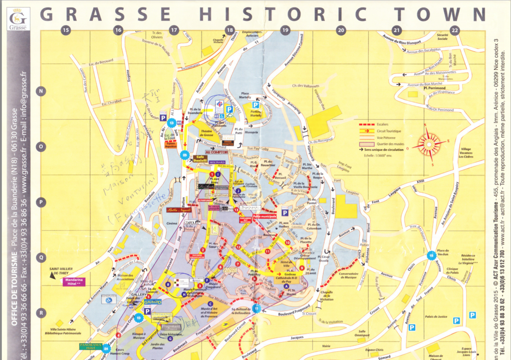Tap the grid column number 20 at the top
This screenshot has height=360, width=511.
coord(341,30)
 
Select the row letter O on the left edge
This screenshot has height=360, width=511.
coord(41,147)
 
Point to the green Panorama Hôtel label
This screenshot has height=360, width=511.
coord(90,346)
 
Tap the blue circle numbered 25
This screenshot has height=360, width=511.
coord(186,155)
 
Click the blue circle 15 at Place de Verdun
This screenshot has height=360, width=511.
coord(431,256)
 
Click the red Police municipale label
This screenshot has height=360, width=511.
coord(265,216)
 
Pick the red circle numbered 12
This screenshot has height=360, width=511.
coord(239,247)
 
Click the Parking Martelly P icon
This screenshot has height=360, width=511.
coord(256,105)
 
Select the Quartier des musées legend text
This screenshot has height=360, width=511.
coord(391,144)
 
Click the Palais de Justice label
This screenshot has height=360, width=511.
coord(435,317)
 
